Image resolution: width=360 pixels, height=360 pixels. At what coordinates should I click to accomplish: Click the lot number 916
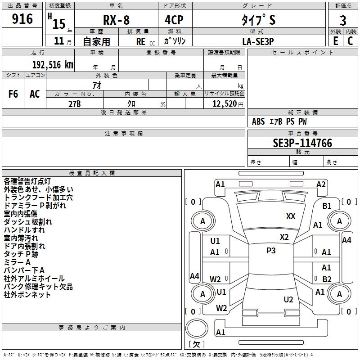[x=23, y=19]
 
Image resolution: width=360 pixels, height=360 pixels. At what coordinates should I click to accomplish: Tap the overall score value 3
[x=343, y=20]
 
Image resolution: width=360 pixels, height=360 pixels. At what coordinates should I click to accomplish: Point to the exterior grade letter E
[x=335, y=40]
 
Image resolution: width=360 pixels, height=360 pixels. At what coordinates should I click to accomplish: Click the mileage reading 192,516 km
[x=53, y=64]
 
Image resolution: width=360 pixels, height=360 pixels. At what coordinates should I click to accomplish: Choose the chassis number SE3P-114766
[x=302, y=143]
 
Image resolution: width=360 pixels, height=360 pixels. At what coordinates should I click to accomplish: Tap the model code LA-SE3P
[x=258, y=41]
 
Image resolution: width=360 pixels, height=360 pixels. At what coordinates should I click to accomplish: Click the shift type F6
[x=13, y=94]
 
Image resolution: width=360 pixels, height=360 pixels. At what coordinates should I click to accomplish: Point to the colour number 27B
[x=75, y=103]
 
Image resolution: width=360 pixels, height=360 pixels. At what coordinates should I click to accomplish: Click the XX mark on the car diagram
[x=291, y=216]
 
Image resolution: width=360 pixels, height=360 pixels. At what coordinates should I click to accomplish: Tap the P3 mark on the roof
[x=271, y=251]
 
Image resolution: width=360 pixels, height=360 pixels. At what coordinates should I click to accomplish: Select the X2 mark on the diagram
[x=284, y=237]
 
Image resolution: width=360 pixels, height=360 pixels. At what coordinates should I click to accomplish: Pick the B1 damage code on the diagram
[x=327, y=206]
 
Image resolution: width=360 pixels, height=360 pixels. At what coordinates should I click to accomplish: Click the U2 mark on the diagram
[x=288, y=299]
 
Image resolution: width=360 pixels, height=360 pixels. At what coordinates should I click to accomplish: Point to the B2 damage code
[x=327, y=279]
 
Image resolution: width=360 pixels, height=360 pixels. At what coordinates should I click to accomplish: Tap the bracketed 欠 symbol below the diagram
[x=196, y=344]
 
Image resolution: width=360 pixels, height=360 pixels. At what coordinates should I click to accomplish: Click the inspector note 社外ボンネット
[x=27, y=295]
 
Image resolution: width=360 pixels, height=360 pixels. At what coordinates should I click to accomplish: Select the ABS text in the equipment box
[x=258, y=121]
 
